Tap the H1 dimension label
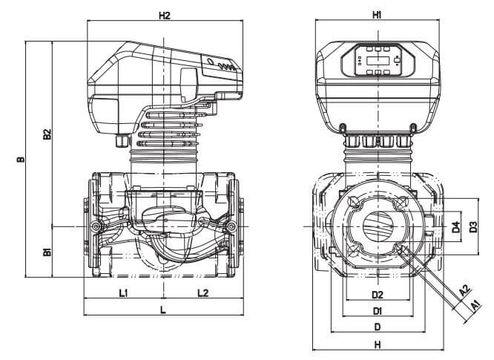coord(377,15)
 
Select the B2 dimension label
coord(46,134)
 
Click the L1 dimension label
coord(124,293)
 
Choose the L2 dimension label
coord(202,293)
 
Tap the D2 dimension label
coord(378,295)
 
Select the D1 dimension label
coord(378,310)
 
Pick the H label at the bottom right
coord(378,344)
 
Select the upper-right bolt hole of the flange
coord(401,203)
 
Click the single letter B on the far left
coord(21,159)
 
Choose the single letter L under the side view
coord(162,310)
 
